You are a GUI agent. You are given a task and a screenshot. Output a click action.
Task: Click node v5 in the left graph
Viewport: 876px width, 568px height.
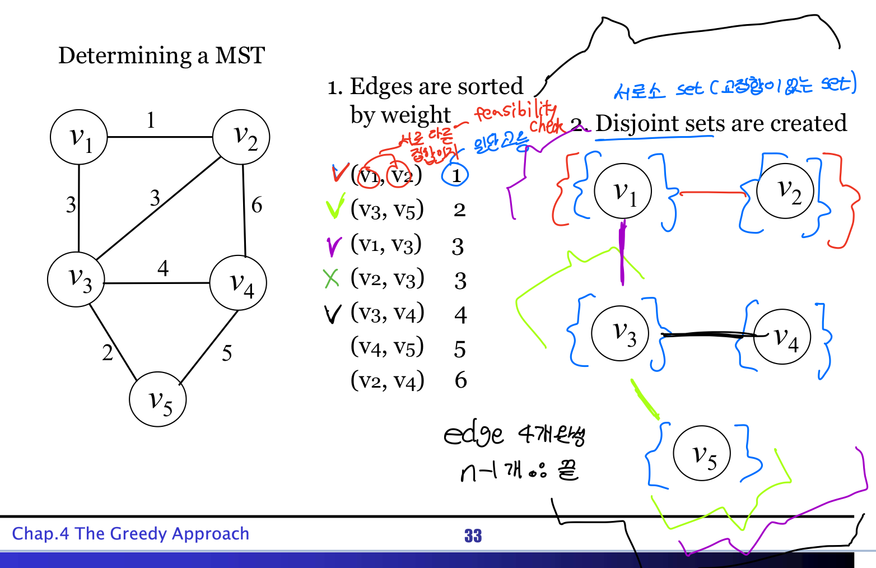157,399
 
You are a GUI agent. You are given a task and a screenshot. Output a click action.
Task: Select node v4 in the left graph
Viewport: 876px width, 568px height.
238,283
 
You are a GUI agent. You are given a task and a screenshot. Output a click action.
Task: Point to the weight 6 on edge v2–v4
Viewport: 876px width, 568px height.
257,205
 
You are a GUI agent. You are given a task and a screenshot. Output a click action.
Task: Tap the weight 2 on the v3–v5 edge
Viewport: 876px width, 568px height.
108,352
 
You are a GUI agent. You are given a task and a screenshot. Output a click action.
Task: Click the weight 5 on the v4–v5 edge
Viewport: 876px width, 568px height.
226,353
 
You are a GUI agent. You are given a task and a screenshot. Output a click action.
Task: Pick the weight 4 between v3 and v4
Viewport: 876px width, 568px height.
163,268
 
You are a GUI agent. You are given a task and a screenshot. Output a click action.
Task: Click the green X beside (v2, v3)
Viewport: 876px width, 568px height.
332,278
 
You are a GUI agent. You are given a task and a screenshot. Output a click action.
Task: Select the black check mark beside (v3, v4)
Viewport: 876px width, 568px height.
332,314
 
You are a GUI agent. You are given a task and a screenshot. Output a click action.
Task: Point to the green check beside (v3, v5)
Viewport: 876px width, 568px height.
334,209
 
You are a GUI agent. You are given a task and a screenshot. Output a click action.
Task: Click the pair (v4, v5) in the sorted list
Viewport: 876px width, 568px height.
387,347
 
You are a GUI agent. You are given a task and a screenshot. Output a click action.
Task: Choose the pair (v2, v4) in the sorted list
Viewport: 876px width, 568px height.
387,380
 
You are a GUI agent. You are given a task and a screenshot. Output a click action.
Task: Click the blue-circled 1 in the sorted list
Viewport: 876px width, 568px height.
455,175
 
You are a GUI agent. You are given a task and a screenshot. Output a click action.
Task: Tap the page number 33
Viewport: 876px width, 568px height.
473,536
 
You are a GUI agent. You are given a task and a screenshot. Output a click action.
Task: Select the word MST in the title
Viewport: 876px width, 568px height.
240,55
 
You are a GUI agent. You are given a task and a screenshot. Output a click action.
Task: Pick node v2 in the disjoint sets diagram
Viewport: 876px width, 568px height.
785,190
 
